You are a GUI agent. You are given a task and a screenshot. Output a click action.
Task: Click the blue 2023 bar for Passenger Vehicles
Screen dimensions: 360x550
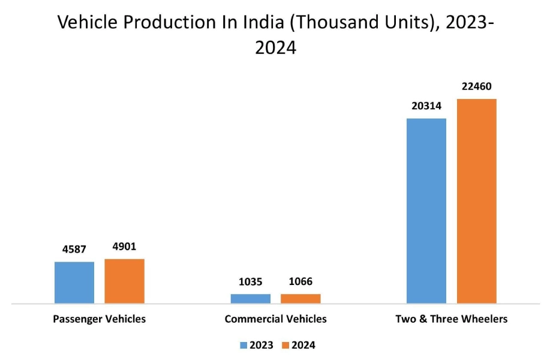click(x=74, y=283)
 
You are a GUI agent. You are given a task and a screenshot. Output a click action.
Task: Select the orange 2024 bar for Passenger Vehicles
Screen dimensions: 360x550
click(x=125, y=281)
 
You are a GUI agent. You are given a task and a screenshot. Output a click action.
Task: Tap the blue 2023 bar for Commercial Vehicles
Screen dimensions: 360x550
click(x=250, y=298)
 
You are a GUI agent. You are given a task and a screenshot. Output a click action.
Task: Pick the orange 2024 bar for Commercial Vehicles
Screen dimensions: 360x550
click(x=300, y=298)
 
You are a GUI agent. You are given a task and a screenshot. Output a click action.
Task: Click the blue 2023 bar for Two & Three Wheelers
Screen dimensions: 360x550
click(x=426, y=211)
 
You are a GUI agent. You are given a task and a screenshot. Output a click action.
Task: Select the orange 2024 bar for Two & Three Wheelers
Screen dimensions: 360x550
click(x=477, y=201)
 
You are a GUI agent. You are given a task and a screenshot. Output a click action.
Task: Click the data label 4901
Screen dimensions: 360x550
click(x=125, y=247)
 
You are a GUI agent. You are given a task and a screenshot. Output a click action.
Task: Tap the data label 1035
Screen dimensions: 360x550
click(x=250, y=281)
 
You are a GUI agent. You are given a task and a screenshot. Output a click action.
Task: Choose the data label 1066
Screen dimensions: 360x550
click(x=300, y=281)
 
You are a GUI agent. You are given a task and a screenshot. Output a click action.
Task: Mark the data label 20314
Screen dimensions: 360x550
click(x=426, y=106)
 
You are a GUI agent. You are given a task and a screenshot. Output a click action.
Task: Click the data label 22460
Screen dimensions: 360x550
click(x=477, y=86)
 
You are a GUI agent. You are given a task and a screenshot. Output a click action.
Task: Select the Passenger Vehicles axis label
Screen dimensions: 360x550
click(x=99, y=319)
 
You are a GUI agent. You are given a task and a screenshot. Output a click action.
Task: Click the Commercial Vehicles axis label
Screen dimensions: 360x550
click(x=275, y=319)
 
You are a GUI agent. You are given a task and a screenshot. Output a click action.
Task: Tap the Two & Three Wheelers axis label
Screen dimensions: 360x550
click(x=451, y=319)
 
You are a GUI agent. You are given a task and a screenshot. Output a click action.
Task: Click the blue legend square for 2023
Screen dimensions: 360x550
click(x=244, y=345)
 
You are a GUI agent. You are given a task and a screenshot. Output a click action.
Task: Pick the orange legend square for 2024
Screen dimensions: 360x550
click(x=285, y=345)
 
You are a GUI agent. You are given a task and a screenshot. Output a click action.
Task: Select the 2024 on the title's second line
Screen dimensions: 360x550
click(x=275, y=47)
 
